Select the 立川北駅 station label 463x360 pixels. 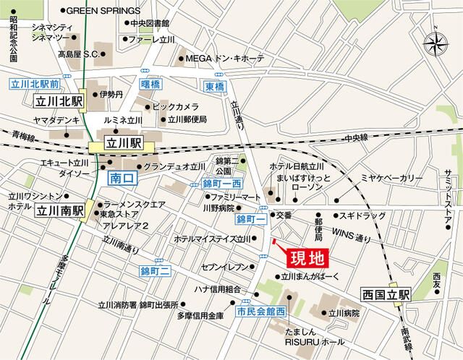click(x=59, y=101)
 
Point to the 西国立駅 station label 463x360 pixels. click(x=386, y=294)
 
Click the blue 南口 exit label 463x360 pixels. click(x=119, y=176)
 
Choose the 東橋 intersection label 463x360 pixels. click(x=214, y=86)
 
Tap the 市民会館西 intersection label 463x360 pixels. click(x=261, y=312)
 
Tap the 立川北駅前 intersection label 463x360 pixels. click(x=34, y=84)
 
